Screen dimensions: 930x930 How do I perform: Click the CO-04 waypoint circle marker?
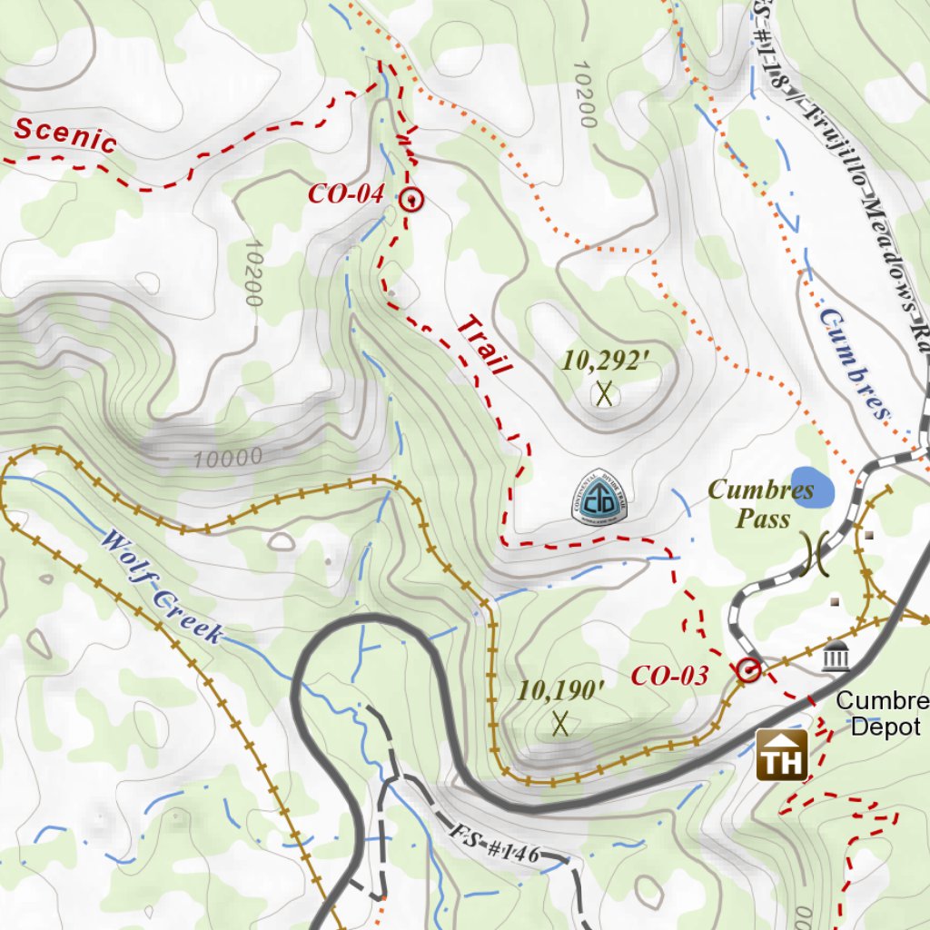(411, 200)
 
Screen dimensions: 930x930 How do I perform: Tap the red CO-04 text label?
(346, 193)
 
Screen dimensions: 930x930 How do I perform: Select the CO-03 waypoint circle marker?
(748, 670)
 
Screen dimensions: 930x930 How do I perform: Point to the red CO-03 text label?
(668, 676)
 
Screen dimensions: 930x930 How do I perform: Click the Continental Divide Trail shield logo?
(600, 497)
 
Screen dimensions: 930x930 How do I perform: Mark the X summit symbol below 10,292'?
(604, 394)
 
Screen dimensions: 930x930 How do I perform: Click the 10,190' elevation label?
(560, 690)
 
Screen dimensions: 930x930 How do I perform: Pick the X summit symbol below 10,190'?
(560, 724)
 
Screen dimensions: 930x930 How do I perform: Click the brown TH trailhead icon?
(782, 754)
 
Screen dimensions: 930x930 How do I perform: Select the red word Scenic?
(65, 135)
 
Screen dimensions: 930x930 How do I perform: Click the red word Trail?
(484, 346)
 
